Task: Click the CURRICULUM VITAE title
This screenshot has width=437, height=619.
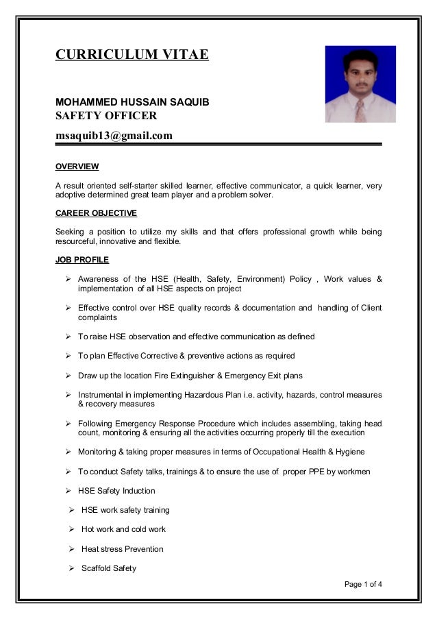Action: tap(132, 55)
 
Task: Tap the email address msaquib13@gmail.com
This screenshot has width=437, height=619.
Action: tap(114, 135)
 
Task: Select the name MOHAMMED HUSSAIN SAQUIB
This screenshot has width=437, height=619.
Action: tap(132, 102)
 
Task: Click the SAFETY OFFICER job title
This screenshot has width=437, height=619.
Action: tap(106, 115)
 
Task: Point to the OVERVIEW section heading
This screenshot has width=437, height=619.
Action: tap(77, 167)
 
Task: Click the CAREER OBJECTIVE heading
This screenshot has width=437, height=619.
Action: tap(96, 213)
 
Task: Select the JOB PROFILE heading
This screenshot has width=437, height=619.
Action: tap(82, 260)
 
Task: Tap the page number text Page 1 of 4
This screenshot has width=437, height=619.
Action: tap(363, 584)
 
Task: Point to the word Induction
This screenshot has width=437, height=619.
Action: tap(139, 491)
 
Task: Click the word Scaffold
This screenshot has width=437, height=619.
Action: tap(97, 568)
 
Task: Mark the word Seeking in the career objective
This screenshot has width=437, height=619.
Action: tap(71, 232)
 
